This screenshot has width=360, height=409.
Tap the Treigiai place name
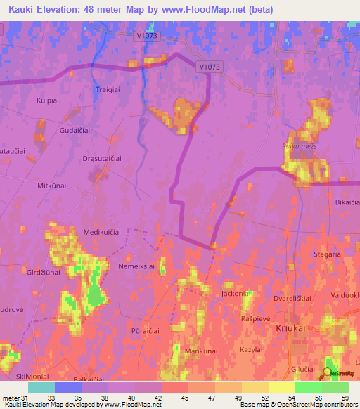pyautogui.click(x=108, y=89)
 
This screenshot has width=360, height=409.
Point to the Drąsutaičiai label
pyautogui.click(x=102, y=159)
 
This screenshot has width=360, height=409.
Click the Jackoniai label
pyautogui.click(x=237, y=293)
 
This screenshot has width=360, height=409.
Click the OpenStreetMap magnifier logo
pyautogui.click(x=328, y=374)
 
